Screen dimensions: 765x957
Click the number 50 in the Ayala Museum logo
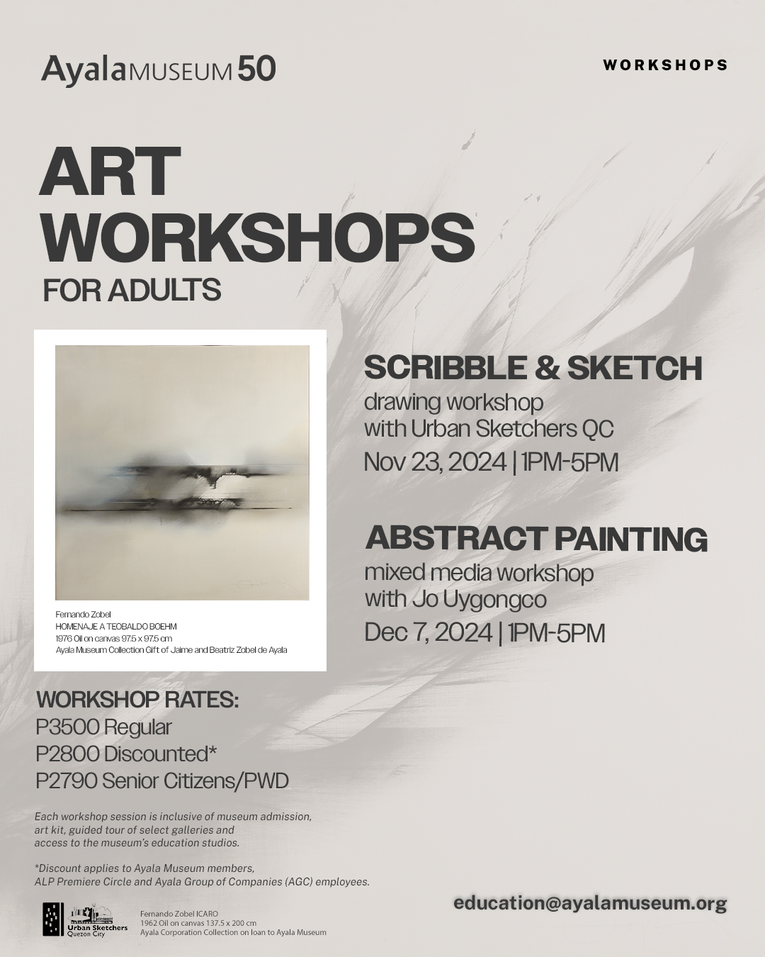point(256,69)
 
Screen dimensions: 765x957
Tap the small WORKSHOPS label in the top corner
point(665,65)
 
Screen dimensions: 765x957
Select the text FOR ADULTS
point(132,289)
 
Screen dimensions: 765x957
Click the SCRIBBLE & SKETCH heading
point(533,368)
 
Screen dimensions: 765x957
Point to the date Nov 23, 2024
point(435,462)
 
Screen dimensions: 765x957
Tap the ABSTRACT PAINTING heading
point(536,539)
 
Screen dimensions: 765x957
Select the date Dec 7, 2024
point(428,633)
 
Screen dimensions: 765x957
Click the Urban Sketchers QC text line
point(489,429)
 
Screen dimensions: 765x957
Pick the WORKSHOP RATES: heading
point(137,700)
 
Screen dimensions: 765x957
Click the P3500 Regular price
point(103,728)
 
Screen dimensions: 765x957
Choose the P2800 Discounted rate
point(126,754)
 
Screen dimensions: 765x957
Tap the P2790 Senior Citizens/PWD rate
point(161,781)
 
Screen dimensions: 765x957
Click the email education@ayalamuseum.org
point(590,903)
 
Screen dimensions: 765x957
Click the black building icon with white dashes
point(53,919)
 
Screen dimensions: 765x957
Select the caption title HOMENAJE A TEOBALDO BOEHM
point(116,627)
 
